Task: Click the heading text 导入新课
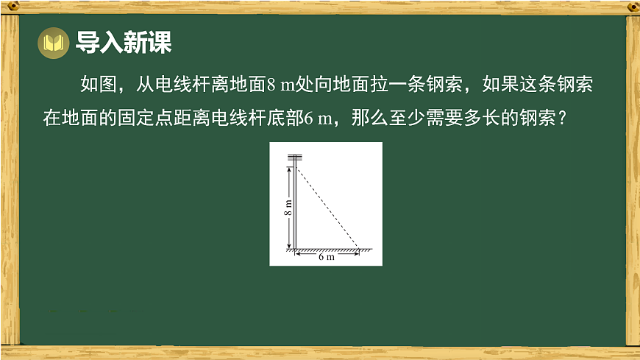pos(124,43)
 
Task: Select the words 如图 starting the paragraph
pos(96,85)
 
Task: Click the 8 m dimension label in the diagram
pos(288,208)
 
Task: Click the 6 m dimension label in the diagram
pos(326,258)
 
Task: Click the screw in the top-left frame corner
pos(9,7)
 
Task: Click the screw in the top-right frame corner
pos(631,7)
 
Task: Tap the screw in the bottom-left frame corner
pos(9,353)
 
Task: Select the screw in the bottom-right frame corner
pos(631,353)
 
